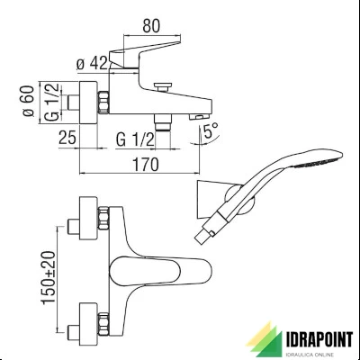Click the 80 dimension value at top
tap(151, 26)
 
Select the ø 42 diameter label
tap(92, 64)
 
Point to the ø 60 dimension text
tap(28, 102)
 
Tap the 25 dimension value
tap(67, 138)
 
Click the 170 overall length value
tap(146, 165)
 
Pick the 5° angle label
tap(211, 130)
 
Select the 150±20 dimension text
tap(49, 278)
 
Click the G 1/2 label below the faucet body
tap(135, 139)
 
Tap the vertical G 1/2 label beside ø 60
tap(52, 103)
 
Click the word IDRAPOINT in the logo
tap(319, 340)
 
